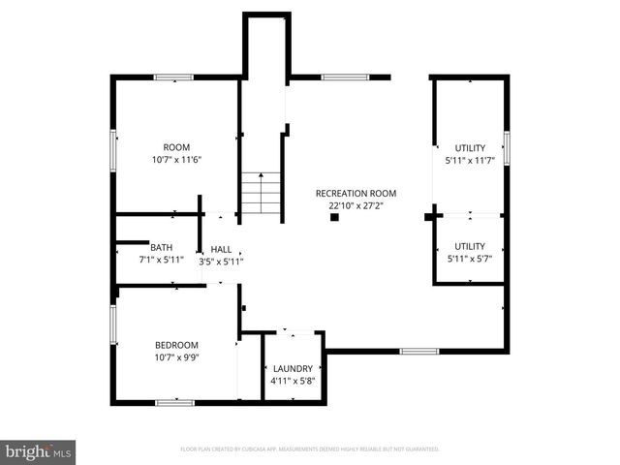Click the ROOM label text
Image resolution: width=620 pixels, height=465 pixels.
pyautogui.click(x=176, y=147)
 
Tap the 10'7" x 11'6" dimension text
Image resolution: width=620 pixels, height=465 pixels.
pyautogui.click(x=176, y=160)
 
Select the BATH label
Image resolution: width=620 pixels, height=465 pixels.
pyautogui.click(x=162, y=247)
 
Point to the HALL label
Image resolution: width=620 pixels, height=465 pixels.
pyautogui.click(x=221, y=248)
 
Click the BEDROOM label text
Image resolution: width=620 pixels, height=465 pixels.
pyautogui.click(x=176, y=345)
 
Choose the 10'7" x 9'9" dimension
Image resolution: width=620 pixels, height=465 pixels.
pyautogui.click(x=176, y=357)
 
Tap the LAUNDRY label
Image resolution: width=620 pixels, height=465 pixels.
pyautogui.click(x=293, y=368)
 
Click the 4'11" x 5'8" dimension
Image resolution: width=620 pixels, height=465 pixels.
pyautogui.click(x=293, y=381)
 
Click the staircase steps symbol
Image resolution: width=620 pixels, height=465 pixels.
pyautogui.click(x=261, y=193)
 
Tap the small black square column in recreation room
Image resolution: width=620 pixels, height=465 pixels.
pyautogui.click(x=334, y=218)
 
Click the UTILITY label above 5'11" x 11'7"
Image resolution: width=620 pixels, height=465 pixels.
pyautogui.click(x=470, y=147)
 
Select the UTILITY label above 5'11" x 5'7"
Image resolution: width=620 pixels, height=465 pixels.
pyautogui.click(x=470, y=247)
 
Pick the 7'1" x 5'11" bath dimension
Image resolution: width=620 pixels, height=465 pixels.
pyautogui.click(x=162, y=260)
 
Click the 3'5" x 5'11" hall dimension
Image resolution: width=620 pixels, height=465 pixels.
pyautogui.click(x=221, y=261)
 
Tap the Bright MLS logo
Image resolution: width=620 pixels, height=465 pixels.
pyautogui.click(x=39, y=451)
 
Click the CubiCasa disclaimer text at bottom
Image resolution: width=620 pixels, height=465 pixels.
pyautogui.click(x=310, y=449)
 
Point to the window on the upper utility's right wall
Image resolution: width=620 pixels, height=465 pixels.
pyautogui.click(x=506, y=148)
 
